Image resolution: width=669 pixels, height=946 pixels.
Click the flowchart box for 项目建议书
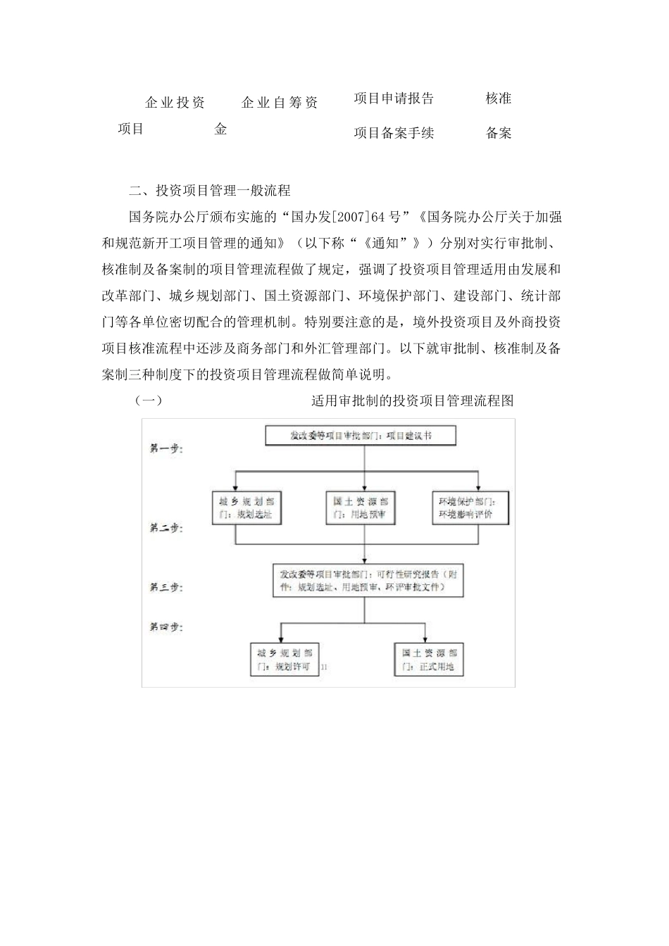coord(361,436)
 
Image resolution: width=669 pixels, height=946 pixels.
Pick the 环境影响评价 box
coord(467,507)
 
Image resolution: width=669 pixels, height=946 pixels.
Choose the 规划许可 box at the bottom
coord(284,660)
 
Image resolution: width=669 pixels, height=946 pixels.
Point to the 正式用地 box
coord(429,660)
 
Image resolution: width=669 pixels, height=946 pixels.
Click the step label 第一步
coord(165,448)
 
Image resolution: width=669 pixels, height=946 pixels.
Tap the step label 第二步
coord(165,527)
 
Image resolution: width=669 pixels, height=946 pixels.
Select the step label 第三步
coord(165,587)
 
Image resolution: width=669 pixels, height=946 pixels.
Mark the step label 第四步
coord(165,626)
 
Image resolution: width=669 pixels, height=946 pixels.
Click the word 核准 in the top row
coord(499,99)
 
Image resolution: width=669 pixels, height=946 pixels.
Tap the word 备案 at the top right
coord(499,133)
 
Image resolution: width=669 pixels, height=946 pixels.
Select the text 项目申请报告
coord(394,99)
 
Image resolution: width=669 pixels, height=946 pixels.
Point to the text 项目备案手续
coord(394,133)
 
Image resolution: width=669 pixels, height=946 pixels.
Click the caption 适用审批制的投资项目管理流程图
coord(412,401)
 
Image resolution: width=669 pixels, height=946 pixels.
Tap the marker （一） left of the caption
coord(149,401)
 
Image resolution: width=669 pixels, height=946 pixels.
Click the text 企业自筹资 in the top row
coord(280,103)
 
